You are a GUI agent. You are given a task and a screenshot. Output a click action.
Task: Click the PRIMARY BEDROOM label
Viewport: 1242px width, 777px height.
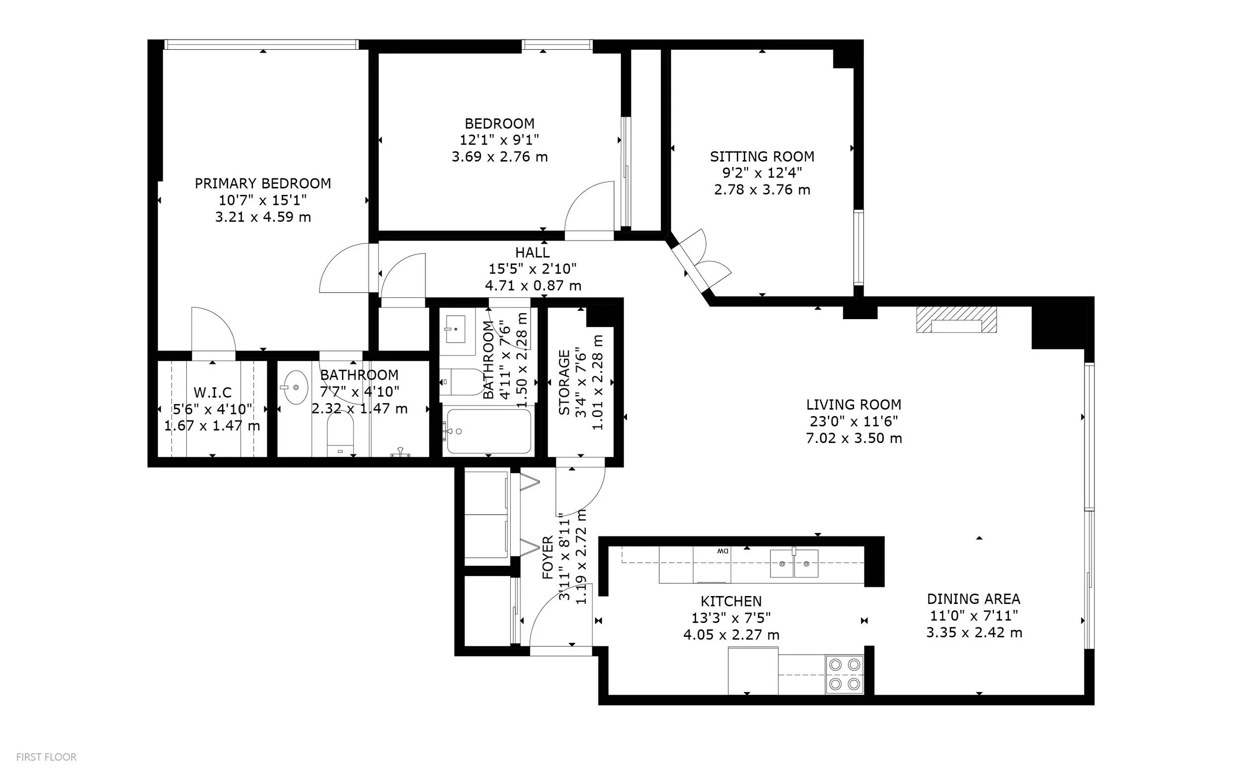tap(262, 183)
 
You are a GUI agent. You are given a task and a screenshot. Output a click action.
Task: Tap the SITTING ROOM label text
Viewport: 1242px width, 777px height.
tap(762, 156)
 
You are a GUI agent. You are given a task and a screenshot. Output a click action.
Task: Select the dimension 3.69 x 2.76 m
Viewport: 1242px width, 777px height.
tap(500, 157)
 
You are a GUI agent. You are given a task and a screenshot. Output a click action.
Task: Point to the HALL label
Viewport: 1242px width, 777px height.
tap(533, 253)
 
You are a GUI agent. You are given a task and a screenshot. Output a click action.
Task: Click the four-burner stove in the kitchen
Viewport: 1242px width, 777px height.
tap(845, 674)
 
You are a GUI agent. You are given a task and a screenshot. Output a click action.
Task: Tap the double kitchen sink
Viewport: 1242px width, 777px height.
tap(794, 563)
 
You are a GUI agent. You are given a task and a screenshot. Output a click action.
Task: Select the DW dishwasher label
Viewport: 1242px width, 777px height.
tap(723, 551)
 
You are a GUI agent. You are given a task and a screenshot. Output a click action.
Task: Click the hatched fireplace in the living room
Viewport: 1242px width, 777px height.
tap(956, 320)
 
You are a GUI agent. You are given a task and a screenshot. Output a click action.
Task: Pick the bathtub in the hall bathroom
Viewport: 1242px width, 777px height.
tap(488, 431)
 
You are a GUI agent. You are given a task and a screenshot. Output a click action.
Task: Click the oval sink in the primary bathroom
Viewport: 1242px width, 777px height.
tap(295, 387)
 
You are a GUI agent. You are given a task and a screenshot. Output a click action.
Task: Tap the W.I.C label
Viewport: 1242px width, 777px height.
tap(213, 393)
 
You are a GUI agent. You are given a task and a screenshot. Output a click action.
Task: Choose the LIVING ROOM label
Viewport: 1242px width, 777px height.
tap(854, 405)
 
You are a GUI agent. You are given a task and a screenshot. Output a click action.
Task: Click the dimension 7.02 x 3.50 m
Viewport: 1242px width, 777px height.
tap(854, 438)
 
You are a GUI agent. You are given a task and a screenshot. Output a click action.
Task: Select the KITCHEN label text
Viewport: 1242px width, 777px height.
tap(731, 601)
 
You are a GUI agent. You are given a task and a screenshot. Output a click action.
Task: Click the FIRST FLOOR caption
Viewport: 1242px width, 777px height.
tap(46, 757)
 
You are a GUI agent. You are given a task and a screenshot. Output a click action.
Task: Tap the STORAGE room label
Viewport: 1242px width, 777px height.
tap(564, 382)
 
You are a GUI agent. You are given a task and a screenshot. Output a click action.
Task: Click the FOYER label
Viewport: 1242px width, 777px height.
tap(548, 558)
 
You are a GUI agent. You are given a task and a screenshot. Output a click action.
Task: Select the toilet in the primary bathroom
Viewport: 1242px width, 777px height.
tap(340, 435)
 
